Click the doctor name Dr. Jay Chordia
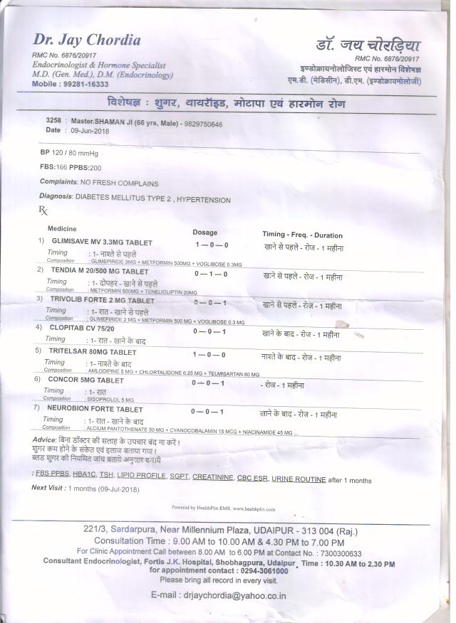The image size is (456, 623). pyautogui.click(x=86, y=40)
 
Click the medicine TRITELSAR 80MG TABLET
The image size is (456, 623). pyautogui.click(x=92, y=352)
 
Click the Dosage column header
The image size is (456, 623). pyautogui.click(x=205, y=233)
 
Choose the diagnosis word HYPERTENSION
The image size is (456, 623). pyautogui.click(x=203, y=200)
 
